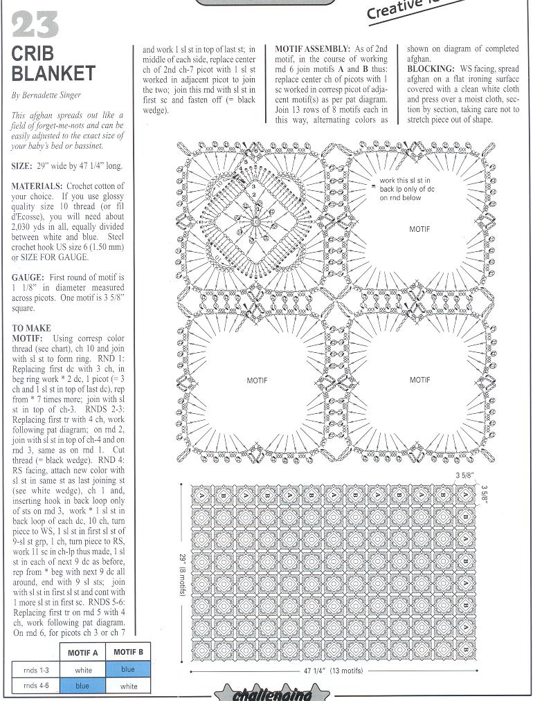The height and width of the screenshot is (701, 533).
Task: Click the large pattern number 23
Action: (x=35, y=24)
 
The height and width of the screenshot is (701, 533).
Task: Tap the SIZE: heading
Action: (x=26, y=167)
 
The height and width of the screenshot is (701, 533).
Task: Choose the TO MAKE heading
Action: (x=32, y=327)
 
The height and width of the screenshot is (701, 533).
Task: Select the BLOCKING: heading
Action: (x=430, y=69)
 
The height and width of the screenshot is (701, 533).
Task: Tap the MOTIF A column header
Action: (x=82, y=652)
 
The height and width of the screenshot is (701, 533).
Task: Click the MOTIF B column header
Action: (x=128, y=652)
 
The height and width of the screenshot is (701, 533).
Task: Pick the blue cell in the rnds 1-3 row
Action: (x=128, y=669)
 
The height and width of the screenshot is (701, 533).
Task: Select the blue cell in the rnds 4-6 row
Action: (x=82, y=686)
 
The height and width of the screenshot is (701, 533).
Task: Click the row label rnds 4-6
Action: (x=35, y=686)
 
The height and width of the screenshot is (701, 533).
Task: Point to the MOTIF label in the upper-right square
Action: (x=419, y=228)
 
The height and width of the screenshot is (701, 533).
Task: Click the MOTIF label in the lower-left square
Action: (x=257, y=380)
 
